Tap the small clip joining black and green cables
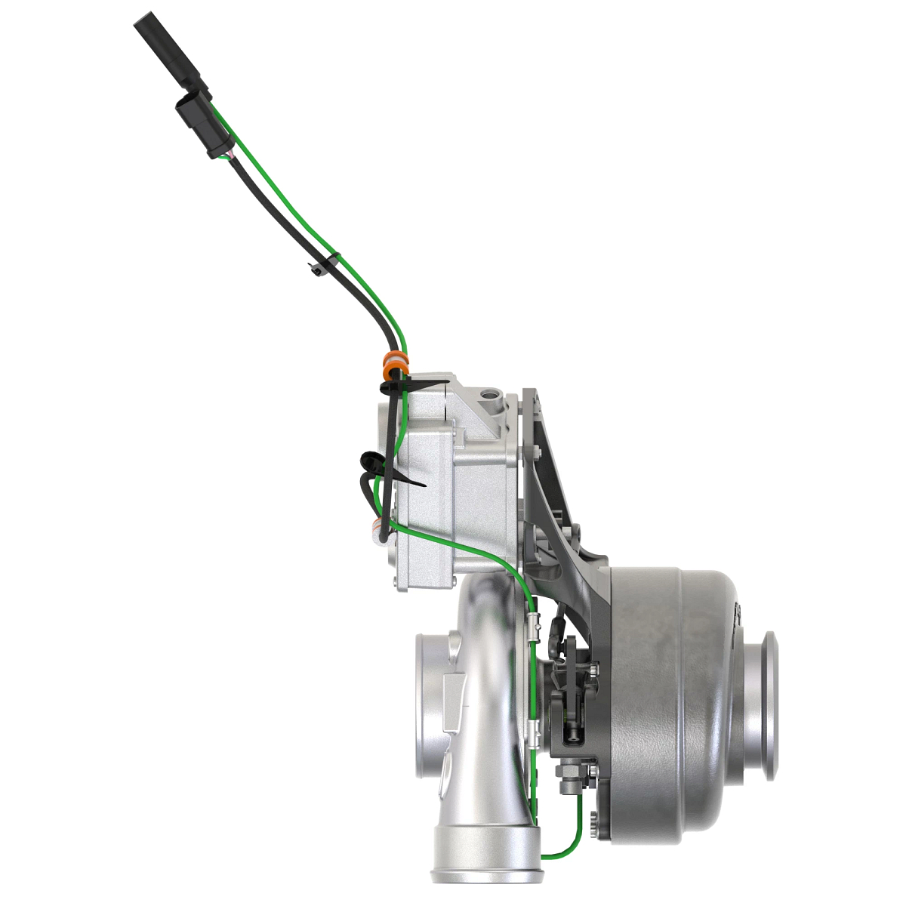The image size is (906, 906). tap(322, 264)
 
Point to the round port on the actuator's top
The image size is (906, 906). tap(492, 395)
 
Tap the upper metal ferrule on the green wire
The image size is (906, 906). tap(535, 624)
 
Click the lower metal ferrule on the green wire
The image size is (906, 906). tap(535, 729)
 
